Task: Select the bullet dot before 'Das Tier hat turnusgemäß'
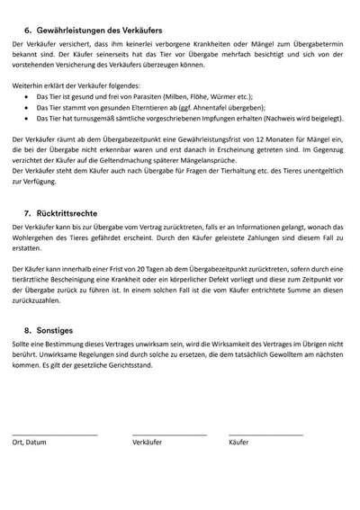pos(27,117)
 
